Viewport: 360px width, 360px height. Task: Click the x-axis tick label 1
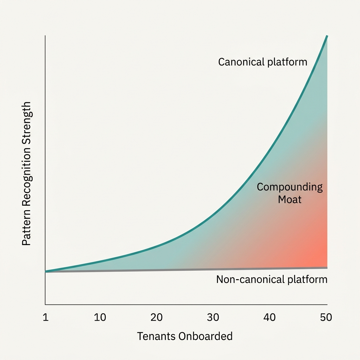coord(45,317)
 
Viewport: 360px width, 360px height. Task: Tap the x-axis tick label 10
coord(100,317)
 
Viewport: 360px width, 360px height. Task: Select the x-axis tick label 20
coord(156,317)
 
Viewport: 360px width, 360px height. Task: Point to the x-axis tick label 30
coord(213,317)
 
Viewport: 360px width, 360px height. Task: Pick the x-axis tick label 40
coord(270,317)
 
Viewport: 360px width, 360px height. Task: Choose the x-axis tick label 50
coord(326,317)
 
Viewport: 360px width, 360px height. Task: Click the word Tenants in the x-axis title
coord(156,336)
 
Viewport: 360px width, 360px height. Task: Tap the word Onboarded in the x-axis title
coord(206,336)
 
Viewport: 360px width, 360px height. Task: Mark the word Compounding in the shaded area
coord(290,187)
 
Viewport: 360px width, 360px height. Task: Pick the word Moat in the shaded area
coord(290,200)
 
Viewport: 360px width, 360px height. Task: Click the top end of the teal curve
coord(327,36)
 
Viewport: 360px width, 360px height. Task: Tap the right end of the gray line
coord(327,268)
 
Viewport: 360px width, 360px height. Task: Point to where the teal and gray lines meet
coord(46,271)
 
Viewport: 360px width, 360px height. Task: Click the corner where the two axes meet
coord(45,304)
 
